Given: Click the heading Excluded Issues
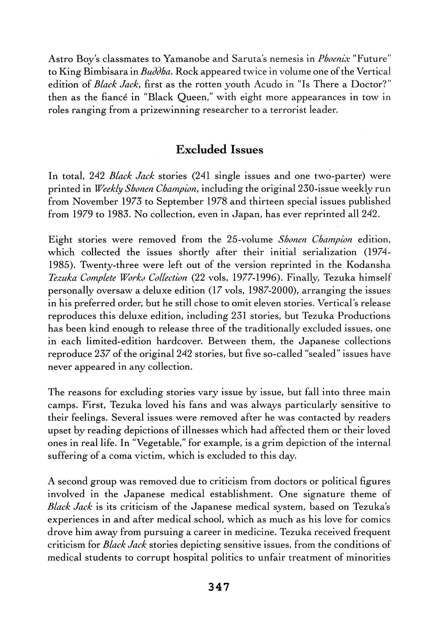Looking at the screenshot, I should click(219, 150).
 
